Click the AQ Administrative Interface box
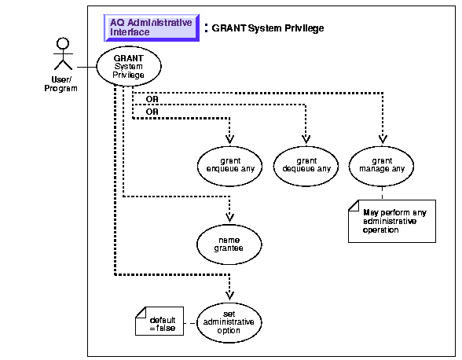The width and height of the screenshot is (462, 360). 152,28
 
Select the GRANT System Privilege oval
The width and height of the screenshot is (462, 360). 129,66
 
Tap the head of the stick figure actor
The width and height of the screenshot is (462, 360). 63,43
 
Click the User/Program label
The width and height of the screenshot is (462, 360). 61,84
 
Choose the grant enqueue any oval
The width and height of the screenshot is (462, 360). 229,167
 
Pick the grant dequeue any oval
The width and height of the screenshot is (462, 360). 306,167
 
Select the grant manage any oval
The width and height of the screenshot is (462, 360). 382,167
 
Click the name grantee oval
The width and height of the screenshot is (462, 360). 229,244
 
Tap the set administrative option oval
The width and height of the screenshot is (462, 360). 229,322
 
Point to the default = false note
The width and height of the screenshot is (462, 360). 159,321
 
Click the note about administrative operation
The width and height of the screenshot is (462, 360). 392,221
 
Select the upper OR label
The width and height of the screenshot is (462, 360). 152,99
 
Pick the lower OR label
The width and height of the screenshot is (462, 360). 152,112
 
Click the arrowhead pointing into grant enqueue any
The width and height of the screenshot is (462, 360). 229,139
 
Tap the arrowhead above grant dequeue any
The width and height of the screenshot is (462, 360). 306,139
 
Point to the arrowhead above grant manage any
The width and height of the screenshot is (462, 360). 383,139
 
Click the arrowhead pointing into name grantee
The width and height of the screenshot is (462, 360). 229,218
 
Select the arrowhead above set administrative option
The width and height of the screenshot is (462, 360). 229,296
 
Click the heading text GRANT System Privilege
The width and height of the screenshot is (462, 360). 268,28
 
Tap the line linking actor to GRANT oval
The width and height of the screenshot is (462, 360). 86,68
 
